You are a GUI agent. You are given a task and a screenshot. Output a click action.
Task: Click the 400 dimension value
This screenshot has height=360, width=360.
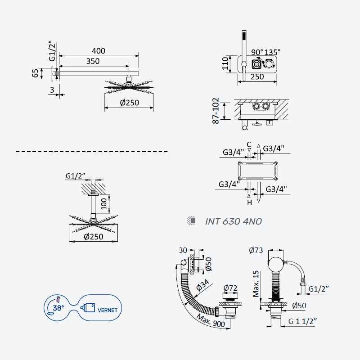(99, 51)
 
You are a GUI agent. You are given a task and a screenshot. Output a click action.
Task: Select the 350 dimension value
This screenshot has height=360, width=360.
(93, 61)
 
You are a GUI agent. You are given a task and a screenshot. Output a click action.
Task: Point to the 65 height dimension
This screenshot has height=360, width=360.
(35, 73)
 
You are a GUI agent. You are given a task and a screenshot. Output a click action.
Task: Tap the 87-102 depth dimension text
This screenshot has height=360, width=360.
(216, 111)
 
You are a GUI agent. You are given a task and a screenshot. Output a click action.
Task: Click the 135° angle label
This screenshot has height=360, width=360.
(272, 52)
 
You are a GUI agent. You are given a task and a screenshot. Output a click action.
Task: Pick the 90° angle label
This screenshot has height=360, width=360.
(257, 52)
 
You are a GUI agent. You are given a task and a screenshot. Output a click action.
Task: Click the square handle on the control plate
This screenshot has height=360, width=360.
(256, 64)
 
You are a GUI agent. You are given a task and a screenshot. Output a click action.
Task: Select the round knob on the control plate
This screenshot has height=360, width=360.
(269, 64)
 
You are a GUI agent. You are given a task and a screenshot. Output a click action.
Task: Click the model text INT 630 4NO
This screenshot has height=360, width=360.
(233, 221)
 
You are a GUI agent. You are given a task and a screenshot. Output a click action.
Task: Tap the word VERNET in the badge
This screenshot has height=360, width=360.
(107, 310)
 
